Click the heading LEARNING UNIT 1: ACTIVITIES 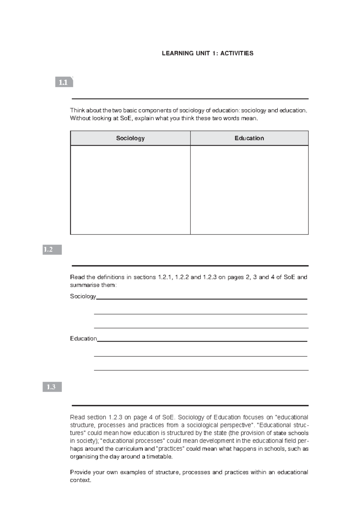coord(208,53)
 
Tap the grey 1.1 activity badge coord(64,82)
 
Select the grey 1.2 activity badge coord(52,249)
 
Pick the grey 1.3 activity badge coord(52,387)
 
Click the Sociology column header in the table coord(130,138)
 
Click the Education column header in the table coord(249,138)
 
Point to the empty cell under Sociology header coord(130,190)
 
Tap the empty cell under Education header coord(249,190)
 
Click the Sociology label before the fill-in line coord(83,297)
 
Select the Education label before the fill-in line coord(83,339)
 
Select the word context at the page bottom coord(80,480)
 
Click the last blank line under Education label coord(201,370)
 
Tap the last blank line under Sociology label coord(201,328)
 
